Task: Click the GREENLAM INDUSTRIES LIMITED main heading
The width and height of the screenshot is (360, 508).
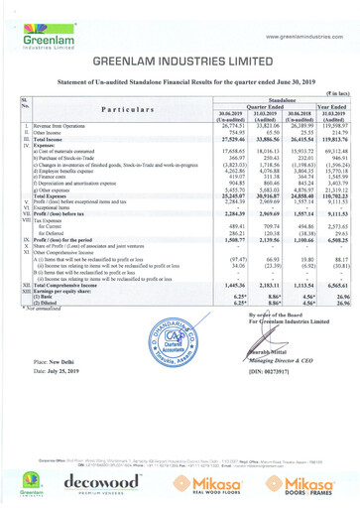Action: pyautogui.click(x=180, y=63)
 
